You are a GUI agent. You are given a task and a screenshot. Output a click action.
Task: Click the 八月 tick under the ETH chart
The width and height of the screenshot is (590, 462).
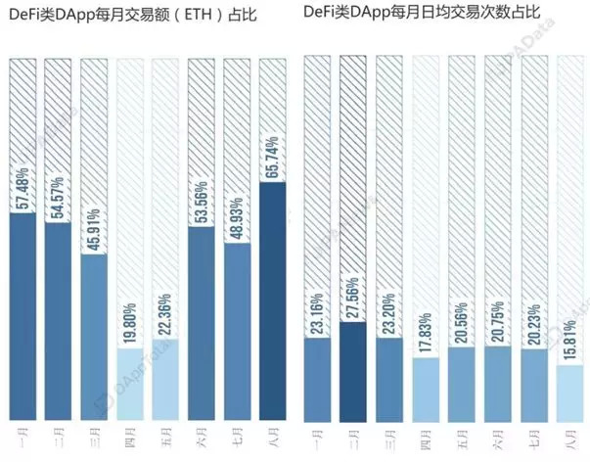click(275, 439)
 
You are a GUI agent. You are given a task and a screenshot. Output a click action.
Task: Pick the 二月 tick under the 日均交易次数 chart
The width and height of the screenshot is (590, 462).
click(355, 439)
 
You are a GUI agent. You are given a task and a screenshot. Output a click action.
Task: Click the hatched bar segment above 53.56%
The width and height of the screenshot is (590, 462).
click(203, 127)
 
